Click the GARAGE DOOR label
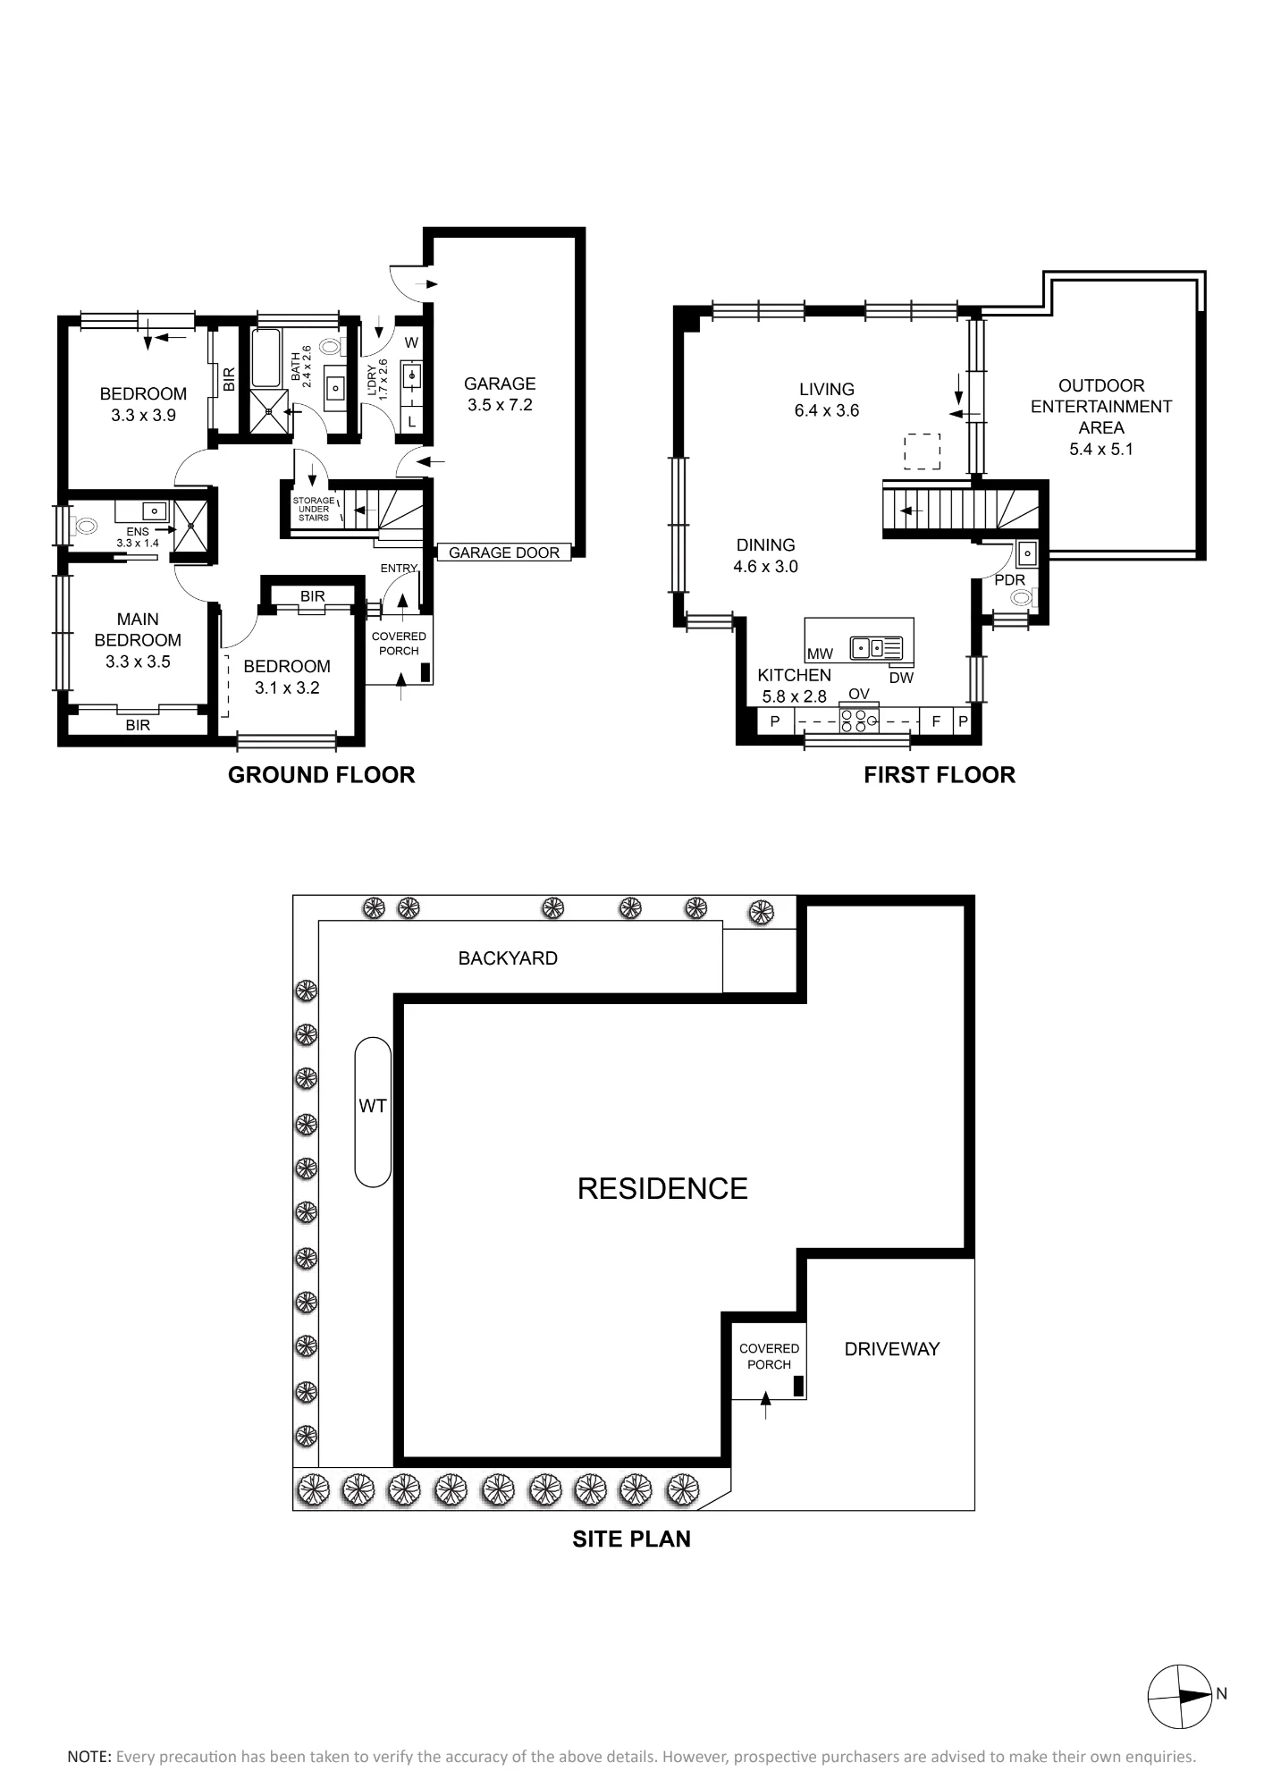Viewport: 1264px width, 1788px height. (x=504, y=552)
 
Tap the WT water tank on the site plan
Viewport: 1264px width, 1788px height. (x=373, y=1111)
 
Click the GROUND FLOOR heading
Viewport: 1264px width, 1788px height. (x=322, y=775)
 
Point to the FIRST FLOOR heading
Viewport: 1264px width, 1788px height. (x=940, y=775)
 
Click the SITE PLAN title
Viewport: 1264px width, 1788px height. (x=632, y=1539)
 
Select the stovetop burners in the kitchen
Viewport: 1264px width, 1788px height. (x=859, y=721)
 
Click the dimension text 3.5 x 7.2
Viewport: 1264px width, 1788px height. (x=500, y=405)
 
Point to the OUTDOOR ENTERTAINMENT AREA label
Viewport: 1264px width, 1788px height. (x=1101, y=407)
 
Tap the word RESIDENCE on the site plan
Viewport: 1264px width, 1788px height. (x=662, y=1188)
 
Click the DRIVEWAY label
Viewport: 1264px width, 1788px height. (x=892, y=1349)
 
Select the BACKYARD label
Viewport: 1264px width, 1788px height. (x=508, y=958)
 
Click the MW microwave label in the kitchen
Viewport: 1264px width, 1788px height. (x=820, y=654)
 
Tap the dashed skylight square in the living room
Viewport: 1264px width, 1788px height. (x=922, y=451)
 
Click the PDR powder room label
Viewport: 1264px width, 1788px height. (x=1010, y=580)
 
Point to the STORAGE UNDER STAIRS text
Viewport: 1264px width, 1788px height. (x=314, y=510)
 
